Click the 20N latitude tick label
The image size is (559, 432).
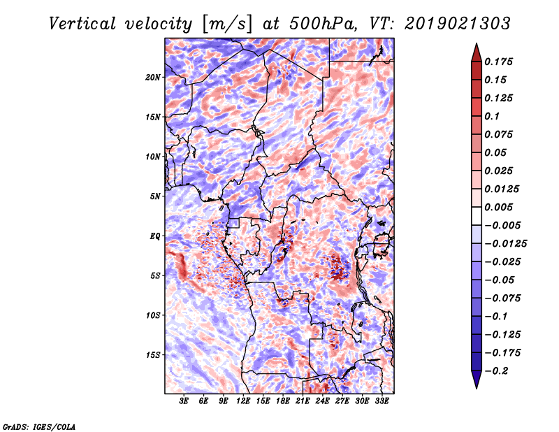point(153,77)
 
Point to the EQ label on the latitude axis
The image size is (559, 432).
point(154,236)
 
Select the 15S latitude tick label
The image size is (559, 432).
point(153,355)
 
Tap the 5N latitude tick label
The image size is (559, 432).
point(155,196)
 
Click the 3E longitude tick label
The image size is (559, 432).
point(184,401)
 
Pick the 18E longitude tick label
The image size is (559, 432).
point(283,401)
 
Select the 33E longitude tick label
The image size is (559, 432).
point(382,401)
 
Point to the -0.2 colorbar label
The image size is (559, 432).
point(498,370)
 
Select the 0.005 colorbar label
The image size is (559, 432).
point(501,207)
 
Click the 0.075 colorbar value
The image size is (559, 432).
point(501,134)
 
